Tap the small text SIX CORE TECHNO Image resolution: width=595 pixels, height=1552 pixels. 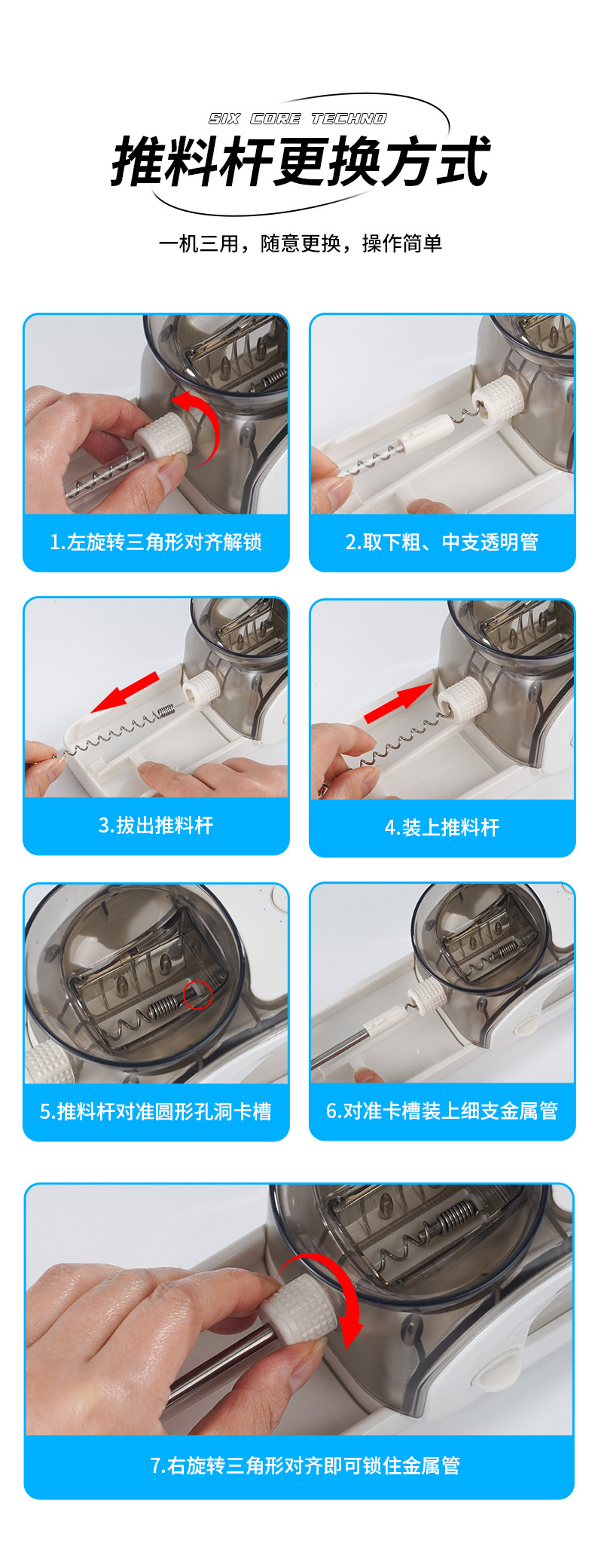point(297,119)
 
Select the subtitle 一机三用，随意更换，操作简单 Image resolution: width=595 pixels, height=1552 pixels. point(301,243)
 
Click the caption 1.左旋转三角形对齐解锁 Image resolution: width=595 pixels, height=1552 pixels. point(156,542)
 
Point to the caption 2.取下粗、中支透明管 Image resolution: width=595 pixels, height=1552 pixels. point(442,542)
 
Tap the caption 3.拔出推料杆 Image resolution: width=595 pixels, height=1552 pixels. point(156,826)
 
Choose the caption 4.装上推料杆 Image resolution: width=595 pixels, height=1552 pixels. point(442,828)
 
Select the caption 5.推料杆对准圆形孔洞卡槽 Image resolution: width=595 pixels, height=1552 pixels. point(156,1112)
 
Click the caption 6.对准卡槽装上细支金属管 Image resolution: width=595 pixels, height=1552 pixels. point(442,1111)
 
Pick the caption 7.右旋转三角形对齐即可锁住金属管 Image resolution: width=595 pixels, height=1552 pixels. point(305,1465)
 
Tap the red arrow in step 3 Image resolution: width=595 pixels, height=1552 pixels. point(125,692)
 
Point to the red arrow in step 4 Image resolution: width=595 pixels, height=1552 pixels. point(398,703)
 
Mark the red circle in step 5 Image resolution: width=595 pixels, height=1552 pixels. point(198,995)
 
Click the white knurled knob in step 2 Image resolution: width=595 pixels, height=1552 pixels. point(495,399)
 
